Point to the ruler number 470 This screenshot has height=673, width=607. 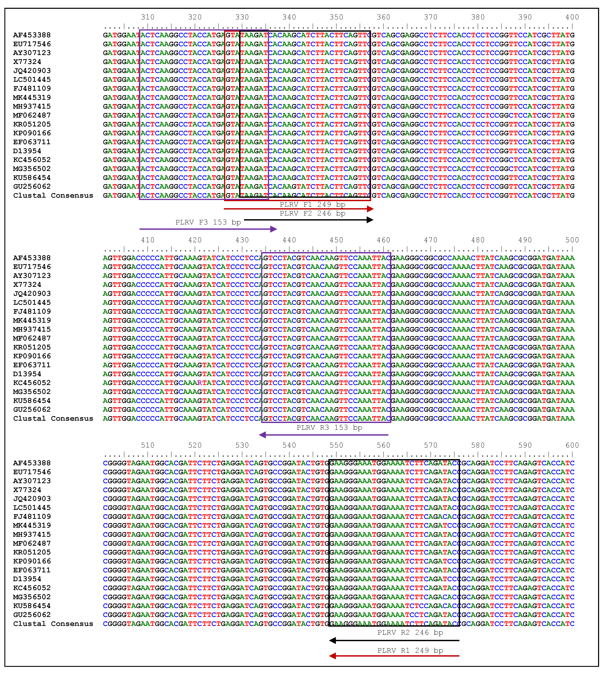coord(431,240)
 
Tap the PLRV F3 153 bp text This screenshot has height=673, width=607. coord(208,222)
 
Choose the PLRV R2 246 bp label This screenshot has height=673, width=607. coord(410,633)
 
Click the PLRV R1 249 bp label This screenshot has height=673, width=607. coord(410,651)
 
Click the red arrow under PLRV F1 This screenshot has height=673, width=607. coord(299,209)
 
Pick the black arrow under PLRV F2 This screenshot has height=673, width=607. coord(308,220)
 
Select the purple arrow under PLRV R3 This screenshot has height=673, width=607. coord(324,435)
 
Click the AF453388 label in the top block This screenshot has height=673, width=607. coord(32,35)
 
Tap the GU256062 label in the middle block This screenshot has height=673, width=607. coord(32,410)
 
